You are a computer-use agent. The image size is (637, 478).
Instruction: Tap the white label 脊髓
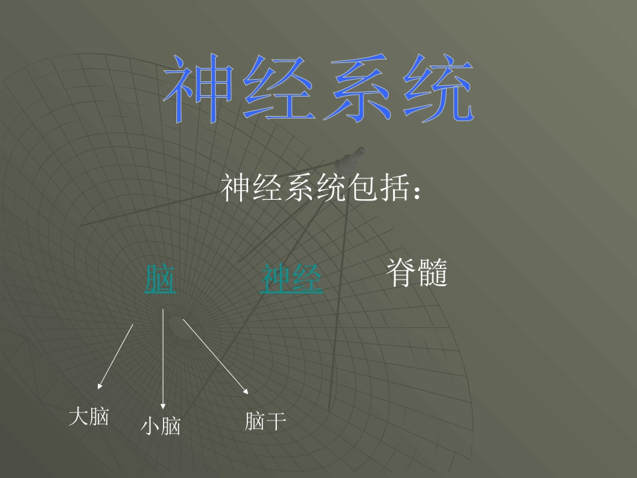tap(416, 274)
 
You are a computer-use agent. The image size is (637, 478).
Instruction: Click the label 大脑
tap(89, 416)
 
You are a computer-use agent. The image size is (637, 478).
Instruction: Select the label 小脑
tap(161, 426)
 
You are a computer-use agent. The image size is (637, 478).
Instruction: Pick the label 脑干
tap(266, 421)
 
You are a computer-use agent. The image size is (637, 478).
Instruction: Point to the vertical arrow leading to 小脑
tap(163, 359)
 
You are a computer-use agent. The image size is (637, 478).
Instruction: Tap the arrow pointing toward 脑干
tap(215, 356)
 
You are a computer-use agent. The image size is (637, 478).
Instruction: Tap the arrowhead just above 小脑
tap(163, 406)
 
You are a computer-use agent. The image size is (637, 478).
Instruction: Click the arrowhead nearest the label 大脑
tap(99, 385)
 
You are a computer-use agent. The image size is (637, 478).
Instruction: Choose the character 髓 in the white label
tap(432, 274)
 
